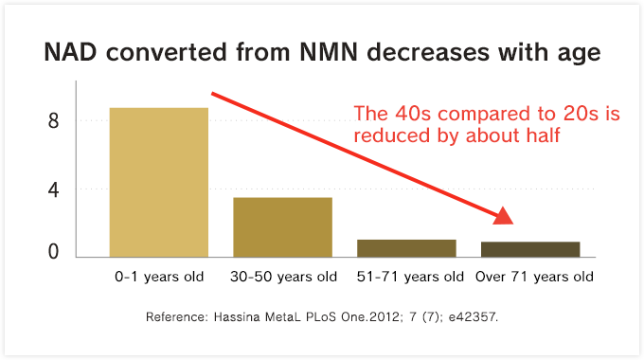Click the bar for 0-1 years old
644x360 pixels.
click(159, 182)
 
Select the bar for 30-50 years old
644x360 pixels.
click(282, 226)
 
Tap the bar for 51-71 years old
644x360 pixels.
click(406, 247)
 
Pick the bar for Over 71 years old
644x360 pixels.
click(530, 248)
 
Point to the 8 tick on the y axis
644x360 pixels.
click(53, 121)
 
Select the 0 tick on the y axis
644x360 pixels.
click(53, 253)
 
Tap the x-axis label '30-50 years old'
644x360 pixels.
click(283, 278)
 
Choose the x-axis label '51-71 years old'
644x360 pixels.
click(409, 278)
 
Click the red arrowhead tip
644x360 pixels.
click(511, 223)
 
